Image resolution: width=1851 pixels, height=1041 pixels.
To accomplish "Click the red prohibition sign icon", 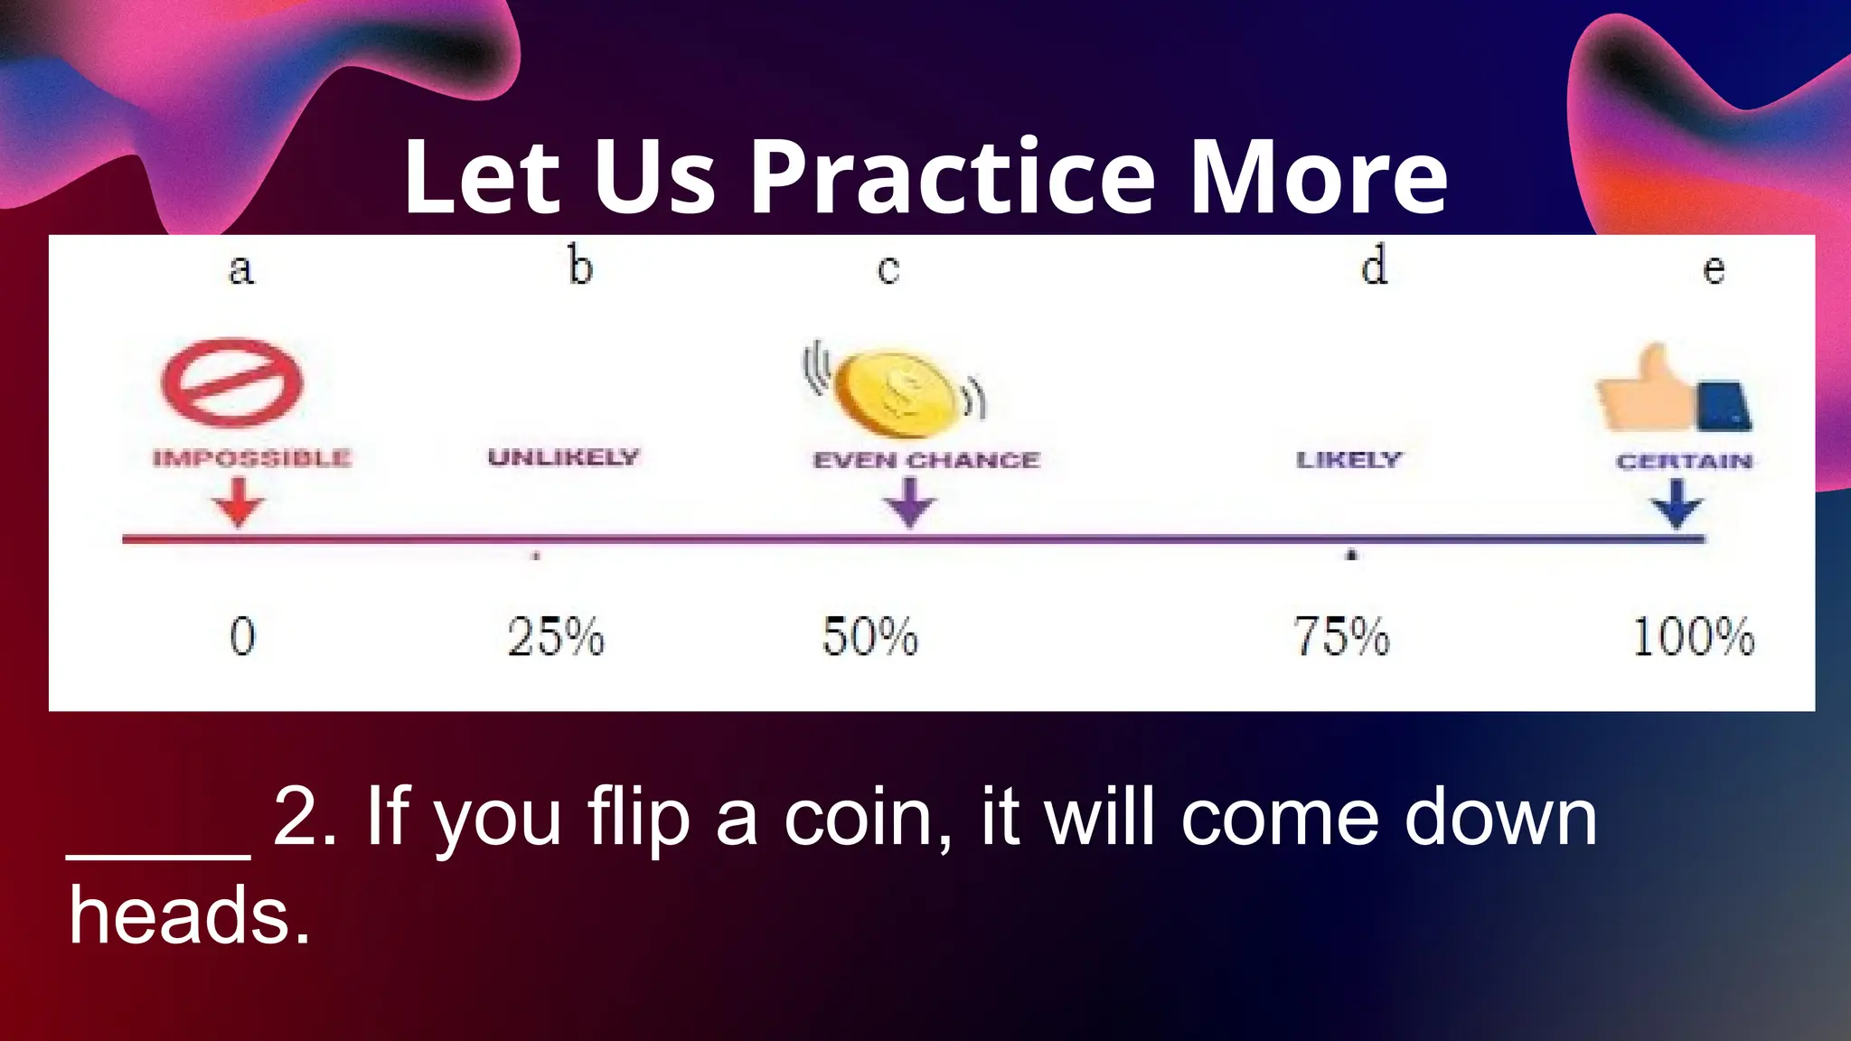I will [x=232, y=382].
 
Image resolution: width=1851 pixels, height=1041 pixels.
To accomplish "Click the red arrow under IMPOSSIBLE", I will [x=239, y=502].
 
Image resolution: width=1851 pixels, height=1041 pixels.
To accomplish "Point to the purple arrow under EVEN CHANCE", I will [x=910, y=502].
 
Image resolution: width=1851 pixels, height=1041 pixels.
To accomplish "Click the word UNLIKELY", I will [x=563, y=457].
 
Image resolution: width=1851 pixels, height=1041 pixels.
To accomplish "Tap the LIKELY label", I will [x=1348, y=460].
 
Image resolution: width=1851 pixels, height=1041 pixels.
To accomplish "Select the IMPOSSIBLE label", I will [x=251, y=458].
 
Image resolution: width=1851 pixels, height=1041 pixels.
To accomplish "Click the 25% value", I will [x=555, y=636].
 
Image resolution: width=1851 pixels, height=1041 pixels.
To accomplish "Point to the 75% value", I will [x=1340, y=636].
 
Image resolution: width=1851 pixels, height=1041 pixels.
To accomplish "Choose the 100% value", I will [x=1693, y=636].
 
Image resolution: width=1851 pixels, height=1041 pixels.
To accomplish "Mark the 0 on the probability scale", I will [x=242, y=636].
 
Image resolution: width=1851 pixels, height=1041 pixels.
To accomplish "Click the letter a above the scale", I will [x=240, y=269].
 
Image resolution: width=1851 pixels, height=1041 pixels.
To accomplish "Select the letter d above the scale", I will [x=1374, y=267].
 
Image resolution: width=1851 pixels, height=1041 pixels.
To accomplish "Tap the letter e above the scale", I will [x=1714, y=269].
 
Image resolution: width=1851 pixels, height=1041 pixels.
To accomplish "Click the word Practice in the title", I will [x=953, y=178].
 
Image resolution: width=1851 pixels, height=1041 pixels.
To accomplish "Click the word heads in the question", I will [x=190, y=916].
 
